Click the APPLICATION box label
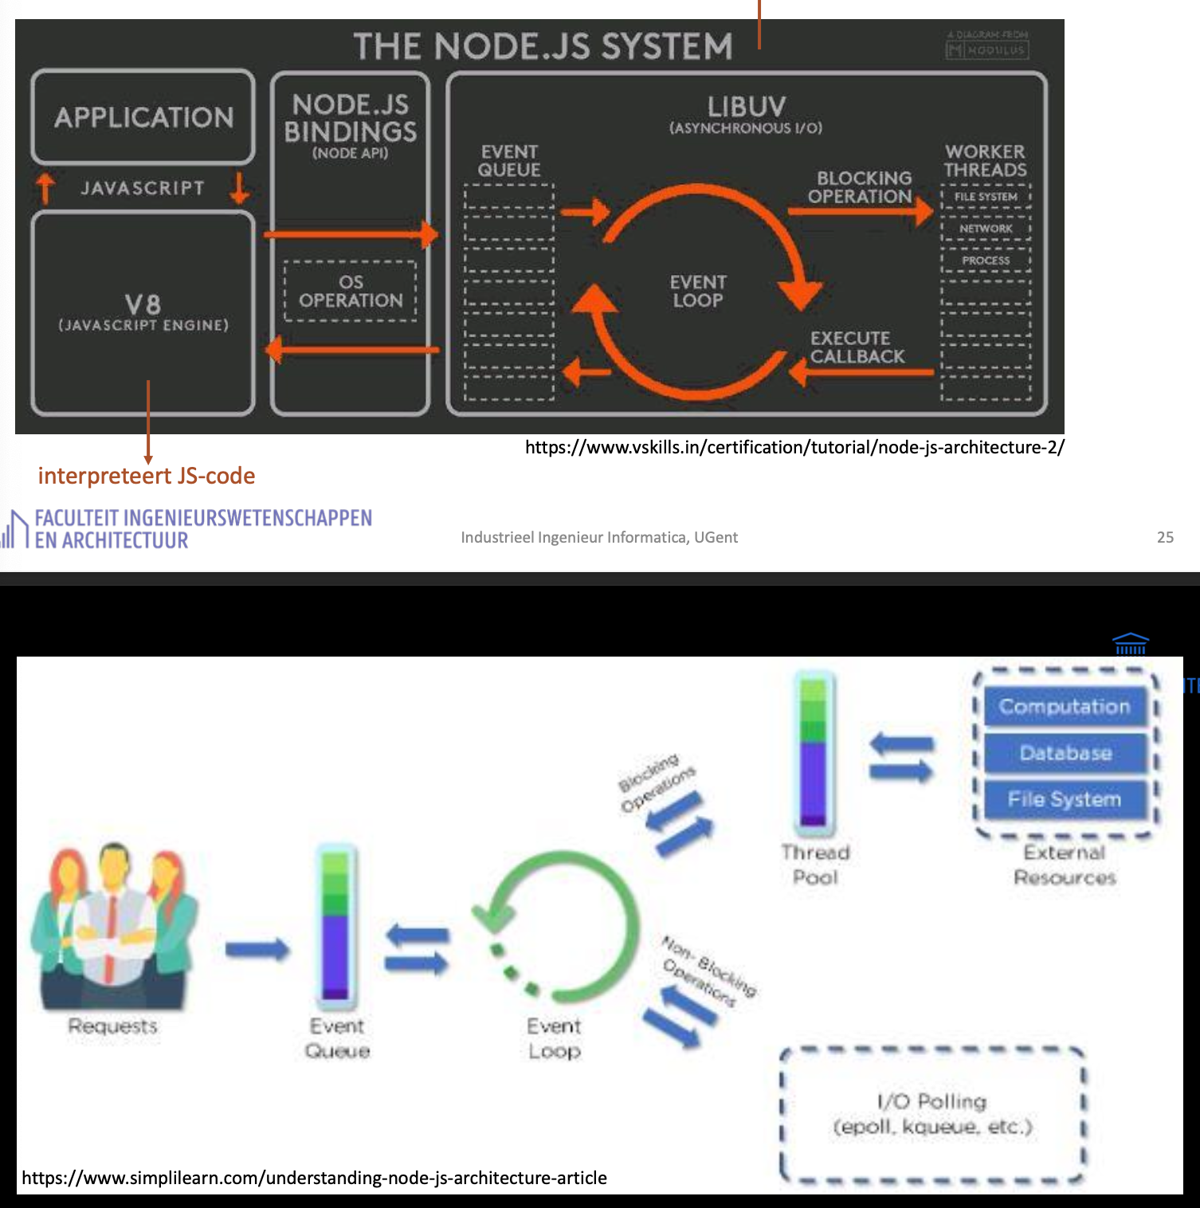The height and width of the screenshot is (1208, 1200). tap(144, 118)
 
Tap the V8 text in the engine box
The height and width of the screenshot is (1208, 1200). tap(143, 304)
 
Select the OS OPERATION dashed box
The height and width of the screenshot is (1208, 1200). tap(351, 292)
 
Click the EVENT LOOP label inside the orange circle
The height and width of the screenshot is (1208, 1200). tap(698, 292)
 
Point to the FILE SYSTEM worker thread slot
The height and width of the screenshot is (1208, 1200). tap(986, 197)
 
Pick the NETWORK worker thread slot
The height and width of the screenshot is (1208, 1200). tap(986, 229)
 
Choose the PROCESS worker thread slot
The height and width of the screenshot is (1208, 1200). tap(986, 261)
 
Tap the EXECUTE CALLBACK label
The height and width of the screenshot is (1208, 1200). tap(857, 347)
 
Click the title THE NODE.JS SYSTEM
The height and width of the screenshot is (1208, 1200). tap(543, 46)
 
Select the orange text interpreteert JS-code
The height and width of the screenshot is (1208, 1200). tap(147, 476)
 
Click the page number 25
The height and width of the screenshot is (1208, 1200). tap(1165, 537)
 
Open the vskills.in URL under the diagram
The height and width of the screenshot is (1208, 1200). tap(794, 447)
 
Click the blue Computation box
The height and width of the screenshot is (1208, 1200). tap(1065, 707)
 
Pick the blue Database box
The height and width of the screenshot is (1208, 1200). tap(1065, 753)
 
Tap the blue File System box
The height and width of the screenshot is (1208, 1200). tap(1065, 799)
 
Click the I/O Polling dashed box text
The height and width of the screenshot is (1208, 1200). tap(931, 1114)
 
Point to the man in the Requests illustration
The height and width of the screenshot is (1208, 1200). tap(114, 916)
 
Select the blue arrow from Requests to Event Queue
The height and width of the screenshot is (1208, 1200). tap(257, 949)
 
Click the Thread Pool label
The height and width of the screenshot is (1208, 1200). tap(816, 865)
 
